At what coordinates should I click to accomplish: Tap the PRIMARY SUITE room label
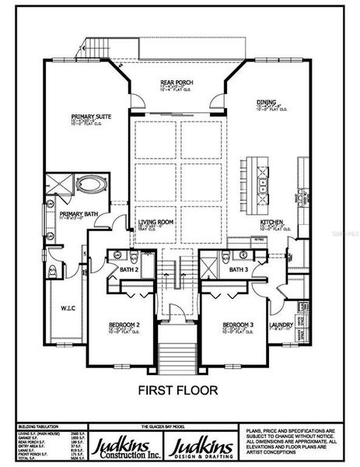pos(91,116)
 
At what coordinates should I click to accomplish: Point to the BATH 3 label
pos(238,269)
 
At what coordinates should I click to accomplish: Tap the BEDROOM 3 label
pos(235,324)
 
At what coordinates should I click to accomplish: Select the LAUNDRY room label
pos(281,325)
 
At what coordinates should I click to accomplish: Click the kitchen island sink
pos(264,185)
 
